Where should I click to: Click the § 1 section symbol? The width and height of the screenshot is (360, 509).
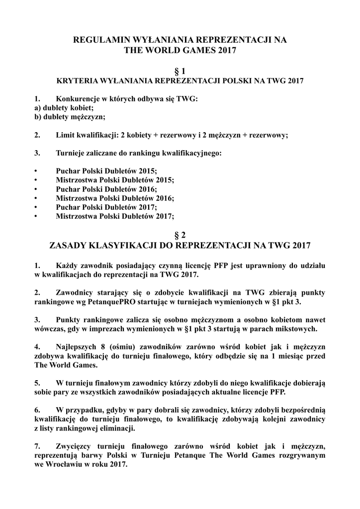pyautogui.click(x=180, y=72)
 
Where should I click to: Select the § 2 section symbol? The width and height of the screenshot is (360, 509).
pyautogui.click(x=180, y=234)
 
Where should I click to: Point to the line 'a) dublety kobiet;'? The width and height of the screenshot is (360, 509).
pyautogui.click(x=64, y=108)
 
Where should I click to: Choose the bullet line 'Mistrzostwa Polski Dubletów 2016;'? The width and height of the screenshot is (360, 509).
pyautogui.click(x=115, y=198)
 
